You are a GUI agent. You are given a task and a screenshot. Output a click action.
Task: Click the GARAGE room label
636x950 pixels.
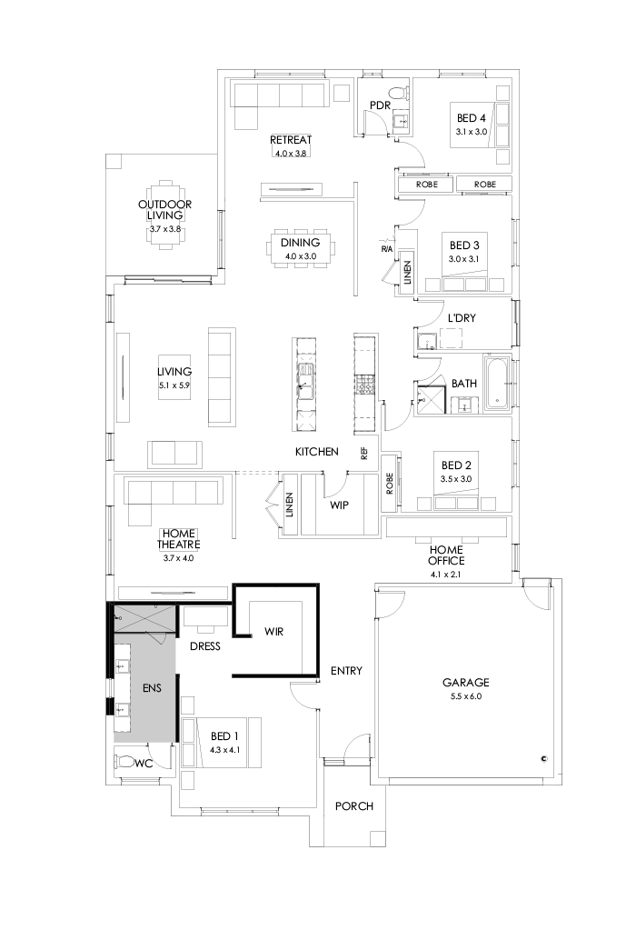pos(465,682)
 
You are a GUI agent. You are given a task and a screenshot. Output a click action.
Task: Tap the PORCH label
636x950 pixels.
pos(353,806)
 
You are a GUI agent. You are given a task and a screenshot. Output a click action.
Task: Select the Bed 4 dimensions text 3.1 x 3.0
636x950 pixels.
pos(472,132)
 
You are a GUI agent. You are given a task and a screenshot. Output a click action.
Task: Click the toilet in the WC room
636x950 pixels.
pos(125,761)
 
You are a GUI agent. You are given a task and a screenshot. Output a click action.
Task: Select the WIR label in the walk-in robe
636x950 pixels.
pos(275,631)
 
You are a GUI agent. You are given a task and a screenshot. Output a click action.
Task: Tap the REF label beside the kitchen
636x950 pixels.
pos(364,453)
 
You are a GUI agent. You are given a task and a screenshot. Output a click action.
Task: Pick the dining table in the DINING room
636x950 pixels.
pos(301,247)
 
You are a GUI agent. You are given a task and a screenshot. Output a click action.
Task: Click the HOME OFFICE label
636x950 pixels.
pos(446,555)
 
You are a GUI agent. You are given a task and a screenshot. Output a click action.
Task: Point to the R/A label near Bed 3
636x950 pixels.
pos(386,249)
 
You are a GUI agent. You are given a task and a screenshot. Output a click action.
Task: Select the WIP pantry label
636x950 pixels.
pos(340,504)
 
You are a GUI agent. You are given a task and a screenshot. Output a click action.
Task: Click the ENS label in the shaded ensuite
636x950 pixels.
pos(151,688)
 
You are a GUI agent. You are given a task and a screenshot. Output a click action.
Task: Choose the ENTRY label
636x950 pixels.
pos(346,671)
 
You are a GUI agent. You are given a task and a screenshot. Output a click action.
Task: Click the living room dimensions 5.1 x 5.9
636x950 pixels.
pos(174,385)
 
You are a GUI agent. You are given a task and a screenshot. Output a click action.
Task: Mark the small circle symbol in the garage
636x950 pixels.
pos(543,757)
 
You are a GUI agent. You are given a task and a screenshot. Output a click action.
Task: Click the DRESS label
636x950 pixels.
pos(207,647)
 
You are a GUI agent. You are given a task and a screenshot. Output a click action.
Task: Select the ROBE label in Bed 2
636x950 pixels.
pos(389,487)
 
